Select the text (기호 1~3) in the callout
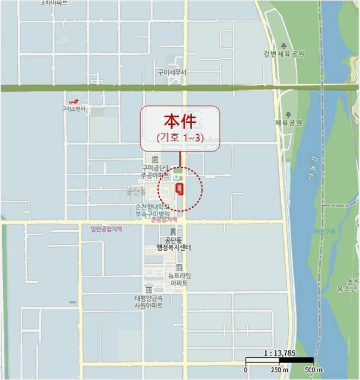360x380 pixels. coord(180,138)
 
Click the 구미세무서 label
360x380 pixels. coord(172,72)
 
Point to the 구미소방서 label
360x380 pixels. coord(73,109)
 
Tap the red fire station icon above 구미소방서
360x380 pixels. coord(73,102)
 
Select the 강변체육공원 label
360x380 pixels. coord(282,54)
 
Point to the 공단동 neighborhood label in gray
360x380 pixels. coord(136,192)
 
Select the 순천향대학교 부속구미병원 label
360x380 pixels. coord(153,210)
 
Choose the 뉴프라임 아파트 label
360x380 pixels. coord(179,280)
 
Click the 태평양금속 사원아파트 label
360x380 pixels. coord(149,301)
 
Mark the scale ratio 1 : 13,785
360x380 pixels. coord(279,352)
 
